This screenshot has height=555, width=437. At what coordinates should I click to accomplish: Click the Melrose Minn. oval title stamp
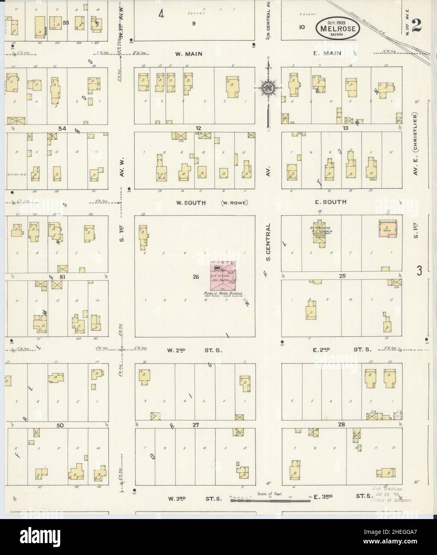tap(338, 28)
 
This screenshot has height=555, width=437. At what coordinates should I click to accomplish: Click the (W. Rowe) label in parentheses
tap(234, 202)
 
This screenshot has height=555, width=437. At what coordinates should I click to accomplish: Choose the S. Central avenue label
tap(268, 242)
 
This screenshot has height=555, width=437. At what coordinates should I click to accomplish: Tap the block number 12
tap(198, 128)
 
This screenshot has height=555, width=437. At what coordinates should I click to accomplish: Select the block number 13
tap(345, 128)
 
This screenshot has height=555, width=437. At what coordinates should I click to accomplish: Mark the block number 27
tap(195, 425)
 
